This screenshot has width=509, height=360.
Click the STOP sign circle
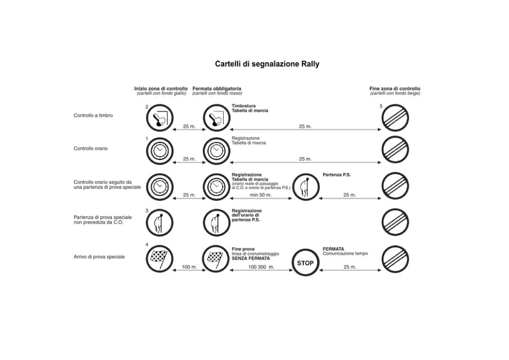305,262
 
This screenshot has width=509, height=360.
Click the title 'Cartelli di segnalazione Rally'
267,64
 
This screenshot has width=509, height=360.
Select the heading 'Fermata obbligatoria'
217,88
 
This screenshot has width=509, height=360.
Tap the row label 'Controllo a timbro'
93,116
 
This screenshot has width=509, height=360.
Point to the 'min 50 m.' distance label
261,195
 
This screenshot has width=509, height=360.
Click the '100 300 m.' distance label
261,267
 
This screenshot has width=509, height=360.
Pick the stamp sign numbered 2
160,118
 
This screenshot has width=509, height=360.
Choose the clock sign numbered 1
160,151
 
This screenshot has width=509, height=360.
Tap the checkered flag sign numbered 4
160,259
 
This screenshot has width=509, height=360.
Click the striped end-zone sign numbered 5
395,118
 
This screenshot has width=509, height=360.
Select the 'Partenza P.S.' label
337,175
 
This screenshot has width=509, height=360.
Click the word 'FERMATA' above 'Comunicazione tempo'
334,249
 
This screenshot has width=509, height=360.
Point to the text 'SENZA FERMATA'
250,258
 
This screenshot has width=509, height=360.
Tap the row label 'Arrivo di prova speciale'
99,257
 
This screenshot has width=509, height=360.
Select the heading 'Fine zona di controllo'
395,88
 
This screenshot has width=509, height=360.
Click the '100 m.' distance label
189,267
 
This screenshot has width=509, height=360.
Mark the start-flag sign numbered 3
160,222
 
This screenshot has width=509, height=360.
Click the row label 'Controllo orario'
91,148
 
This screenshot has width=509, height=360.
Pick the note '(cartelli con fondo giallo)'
161,93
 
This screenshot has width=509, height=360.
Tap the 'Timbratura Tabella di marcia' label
250,108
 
